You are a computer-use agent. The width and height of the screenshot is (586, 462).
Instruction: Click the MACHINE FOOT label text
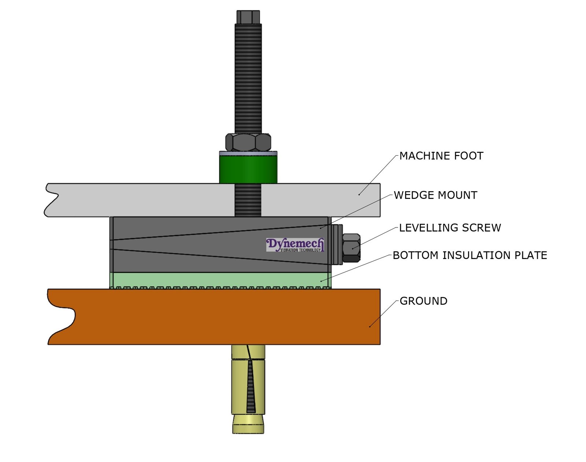point(441,156)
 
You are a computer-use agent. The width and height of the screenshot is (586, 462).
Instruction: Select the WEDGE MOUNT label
point(435,195)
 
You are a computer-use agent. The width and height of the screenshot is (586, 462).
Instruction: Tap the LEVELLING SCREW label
point(450,228)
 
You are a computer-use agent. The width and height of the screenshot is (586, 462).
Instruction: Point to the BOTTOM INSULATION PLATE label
point(470,255)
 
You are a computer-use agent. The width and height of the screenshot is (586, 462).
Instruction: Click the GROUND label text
point(423,301)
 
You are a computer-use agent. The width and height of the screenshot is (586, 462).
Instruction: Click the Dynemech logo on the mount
point(295,245)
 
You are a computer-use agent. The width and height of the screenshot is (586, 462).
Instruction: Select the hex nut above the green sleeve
point(248,142)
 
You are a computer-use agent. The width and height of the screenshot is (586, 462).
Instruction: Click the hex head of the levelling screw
point(351,248)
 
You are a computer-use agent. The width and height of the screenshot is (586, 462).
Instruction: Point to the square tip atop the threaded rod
point(248,17)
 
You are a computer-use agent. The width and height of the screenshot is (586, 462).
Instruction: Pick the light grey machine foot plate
point(146,200)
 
